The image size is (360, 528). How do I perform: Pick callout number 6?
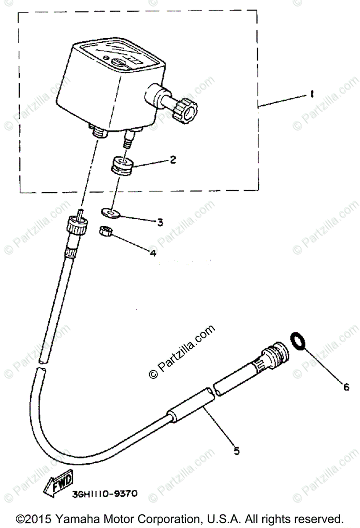pyautogui.click(x=346, y=387)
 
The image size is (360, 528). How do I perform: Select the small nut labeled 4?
pyautogui.click(x=104, y=231)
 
